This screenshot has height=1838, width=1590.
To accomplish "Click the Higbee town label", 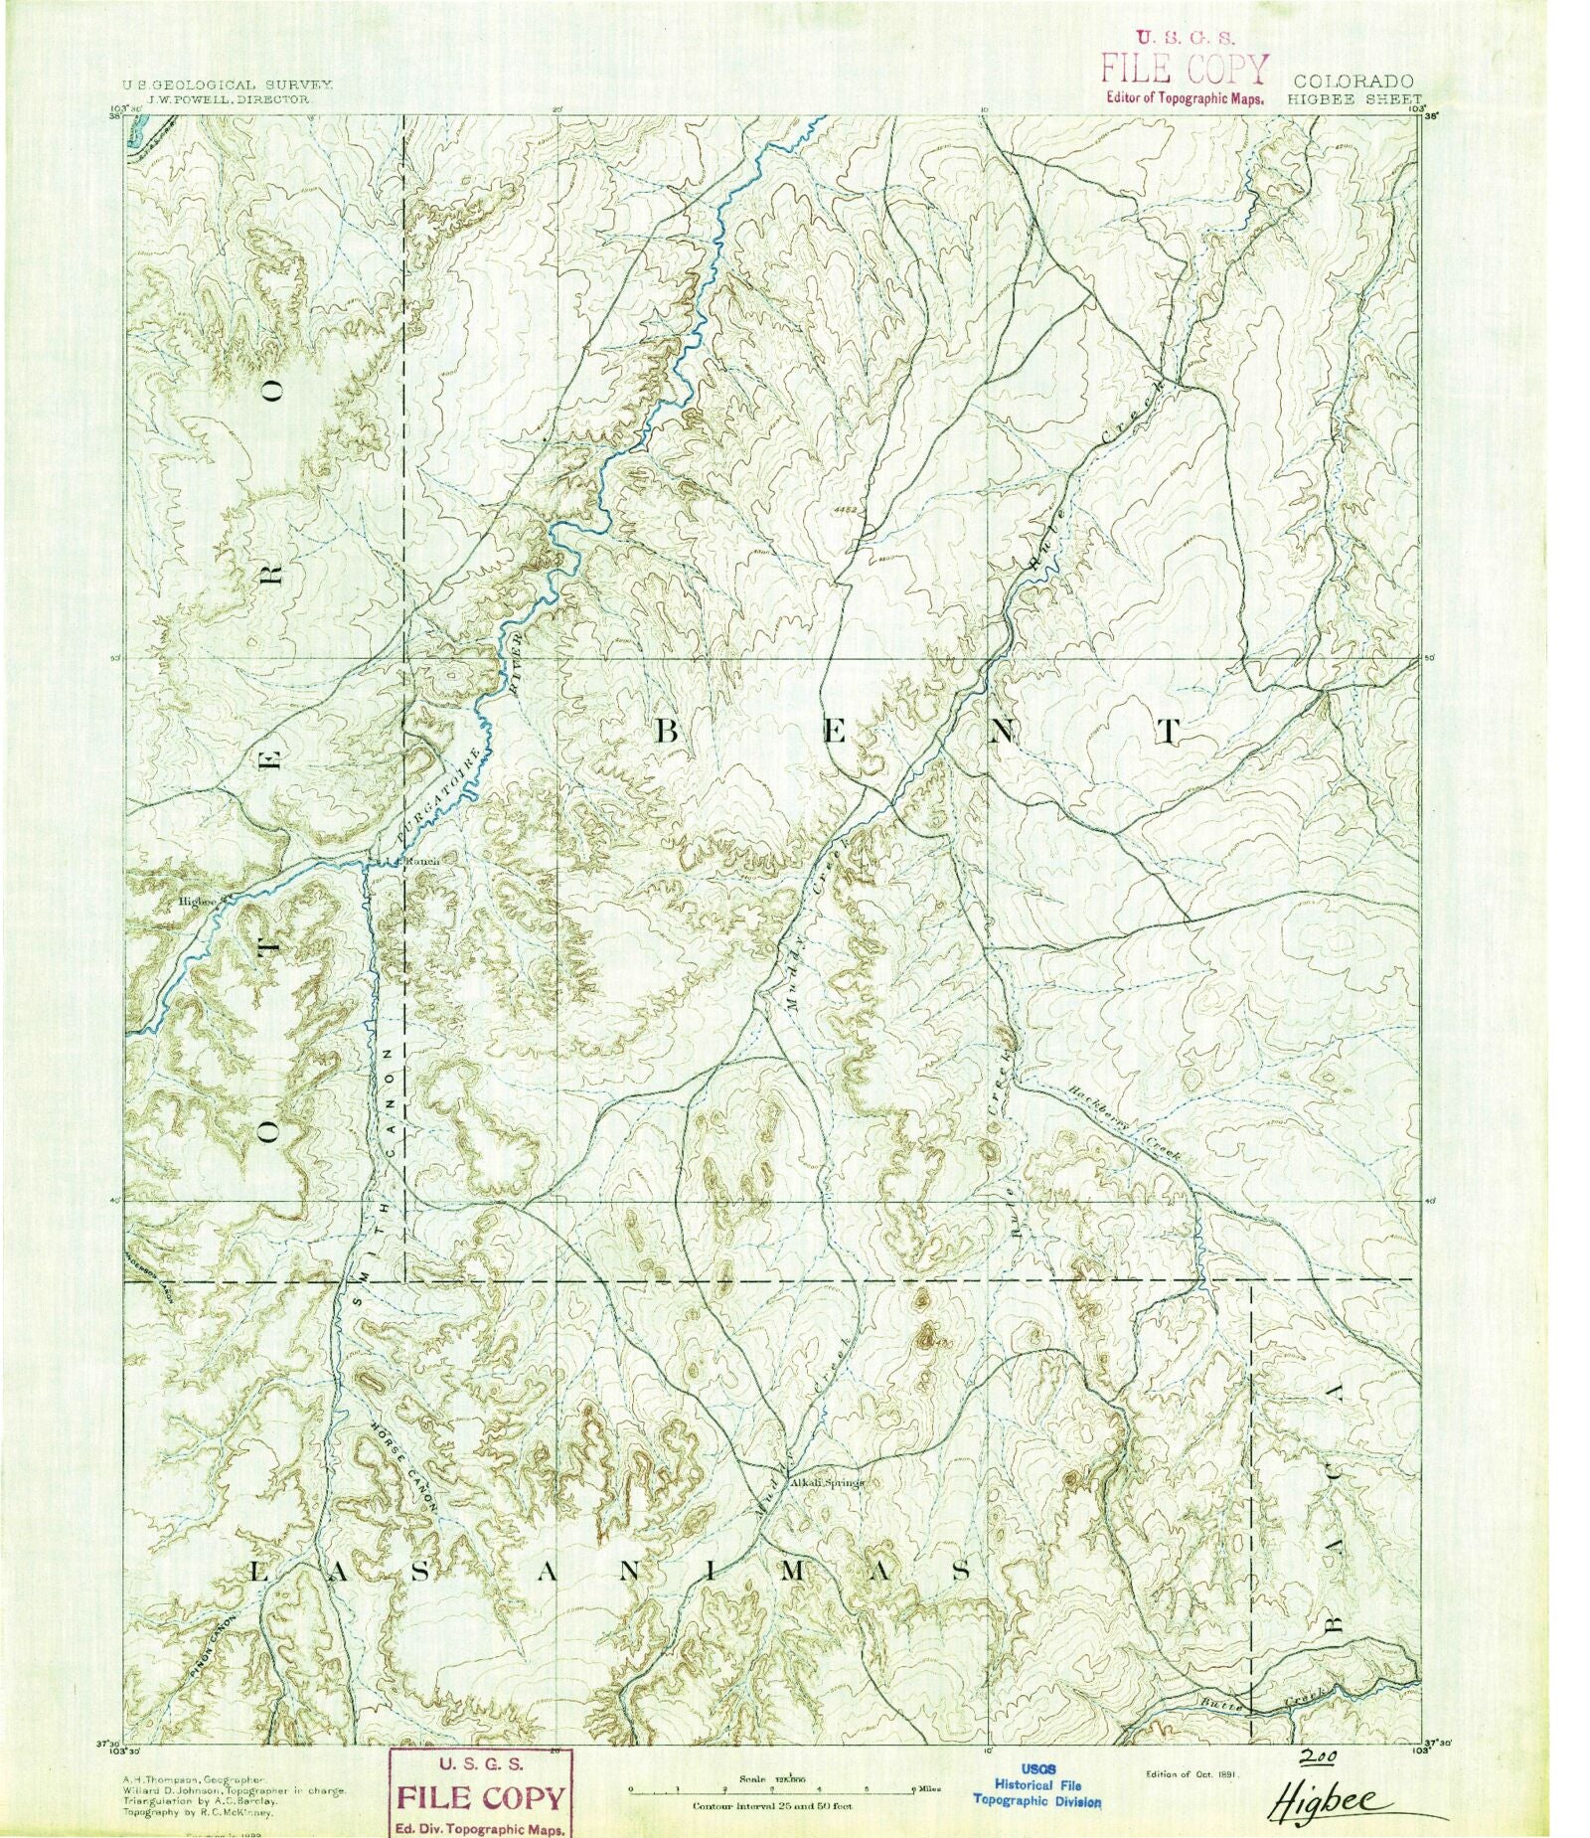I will (x=197, y=902).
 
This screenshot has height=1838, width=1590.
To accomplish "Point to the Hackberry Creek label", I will (x=1124, y=1121).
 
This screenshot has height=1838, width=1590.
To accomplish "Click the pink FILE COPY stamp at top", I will (x=1183, y=68).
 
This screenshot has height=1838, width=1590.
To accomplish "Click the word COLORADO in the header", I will (x=1352, y=82).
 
